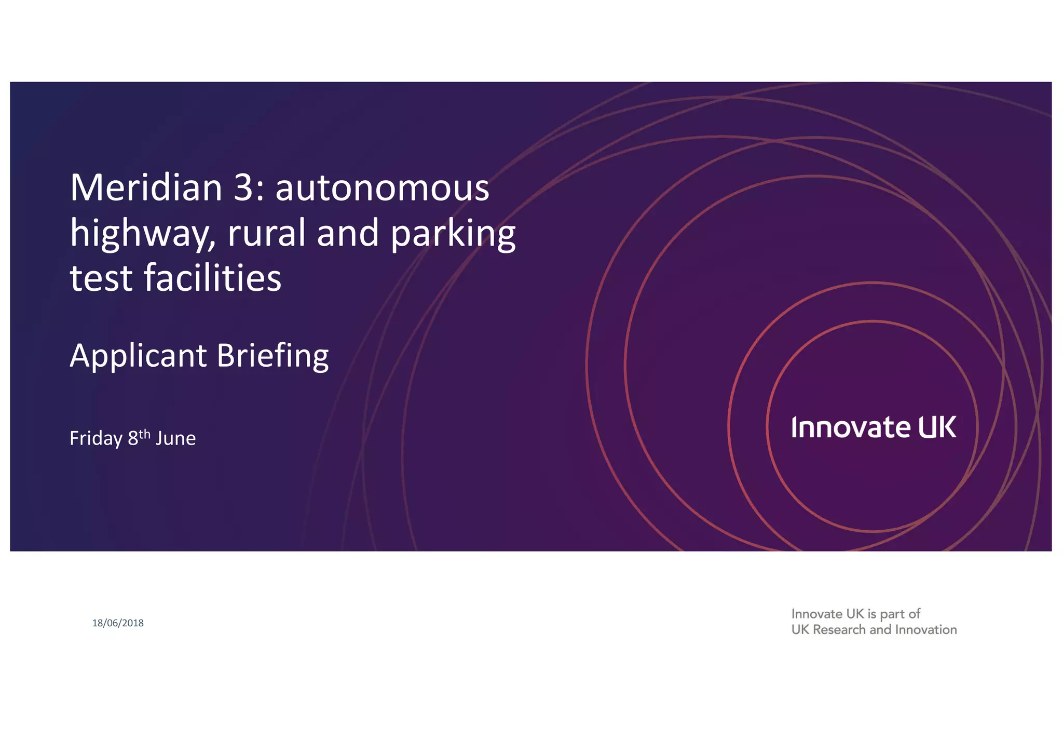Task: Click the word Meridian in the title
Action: [x=146, y=188]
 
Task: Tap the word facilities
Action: [x=212, y=278]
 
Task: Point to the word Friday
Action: [x=96, y=438]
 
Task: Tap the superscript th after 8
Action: [x=145, y=433]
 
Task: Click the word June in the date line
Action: [x=175, y=438]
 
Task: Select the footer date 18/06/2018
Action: [x=118, y=623]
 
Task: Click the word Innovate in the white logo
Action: [x=851, y=427]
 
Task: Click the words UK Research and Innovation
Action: [x=874, y=630]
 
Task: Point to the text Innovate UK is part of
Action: [x=855, y=614]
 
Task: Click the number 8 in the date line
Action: [x=133, y=439]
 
